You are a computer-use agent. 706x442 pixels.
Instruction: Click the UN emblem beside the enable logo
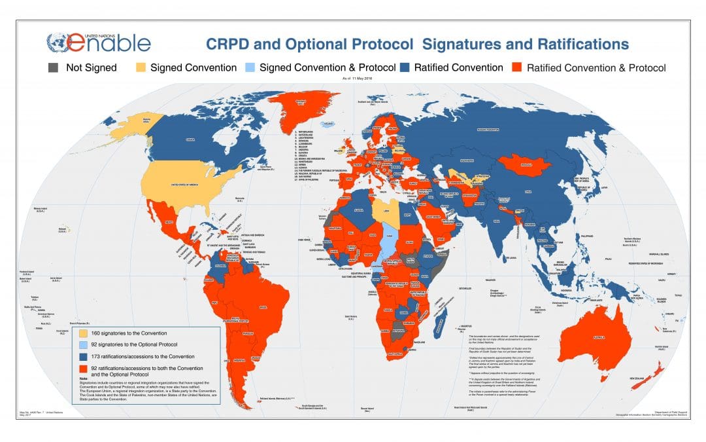(60, 43)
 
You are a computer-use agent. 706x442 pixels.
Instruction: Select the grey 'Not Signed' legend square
(52, 67)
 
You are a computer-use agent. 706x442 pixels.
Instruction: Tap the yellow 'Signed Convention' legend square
(141, 67)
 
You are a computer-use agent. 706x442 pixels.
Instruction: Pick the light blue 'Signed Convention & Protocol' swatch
(250, 67)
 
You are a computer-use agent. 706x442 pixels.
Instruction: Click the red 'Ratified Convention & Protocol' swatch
(517, 67)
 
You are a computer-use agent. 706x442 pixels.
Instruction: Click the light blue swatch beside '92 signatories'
(83, 344)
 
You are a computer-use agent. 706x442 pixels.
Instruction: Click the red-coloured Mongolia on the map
(527, 164)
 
